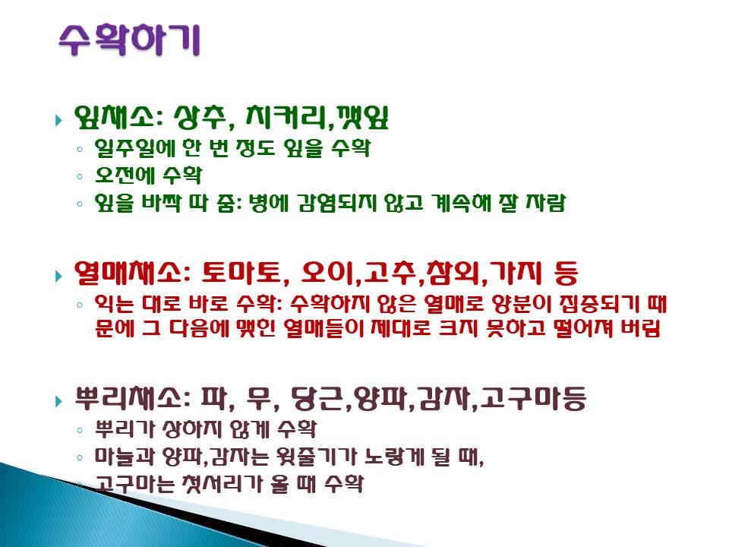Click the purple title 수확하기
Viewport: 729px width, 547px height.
click(x=130, y=40)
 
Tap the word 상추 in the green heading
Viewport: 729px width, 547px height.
click(x=200, y=117)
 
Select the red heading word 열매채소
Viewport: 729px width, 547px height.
click(x=128, y=273)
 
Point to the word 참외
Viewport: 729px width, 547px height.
click(x=453, y=273)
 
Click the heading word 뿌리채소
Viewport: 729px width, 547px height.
click(x=128, y=398)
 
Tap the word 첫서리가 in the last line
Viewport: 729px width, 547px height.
click(x=227, y=484)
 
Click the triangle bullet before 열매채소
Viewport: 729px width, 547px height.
click(x=58, y=276)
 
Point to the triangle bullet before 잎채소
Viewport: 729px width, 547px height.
click(x=58, y=121)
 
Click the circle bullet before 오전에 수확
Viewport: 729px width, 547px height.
click(x=80, y=177)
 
